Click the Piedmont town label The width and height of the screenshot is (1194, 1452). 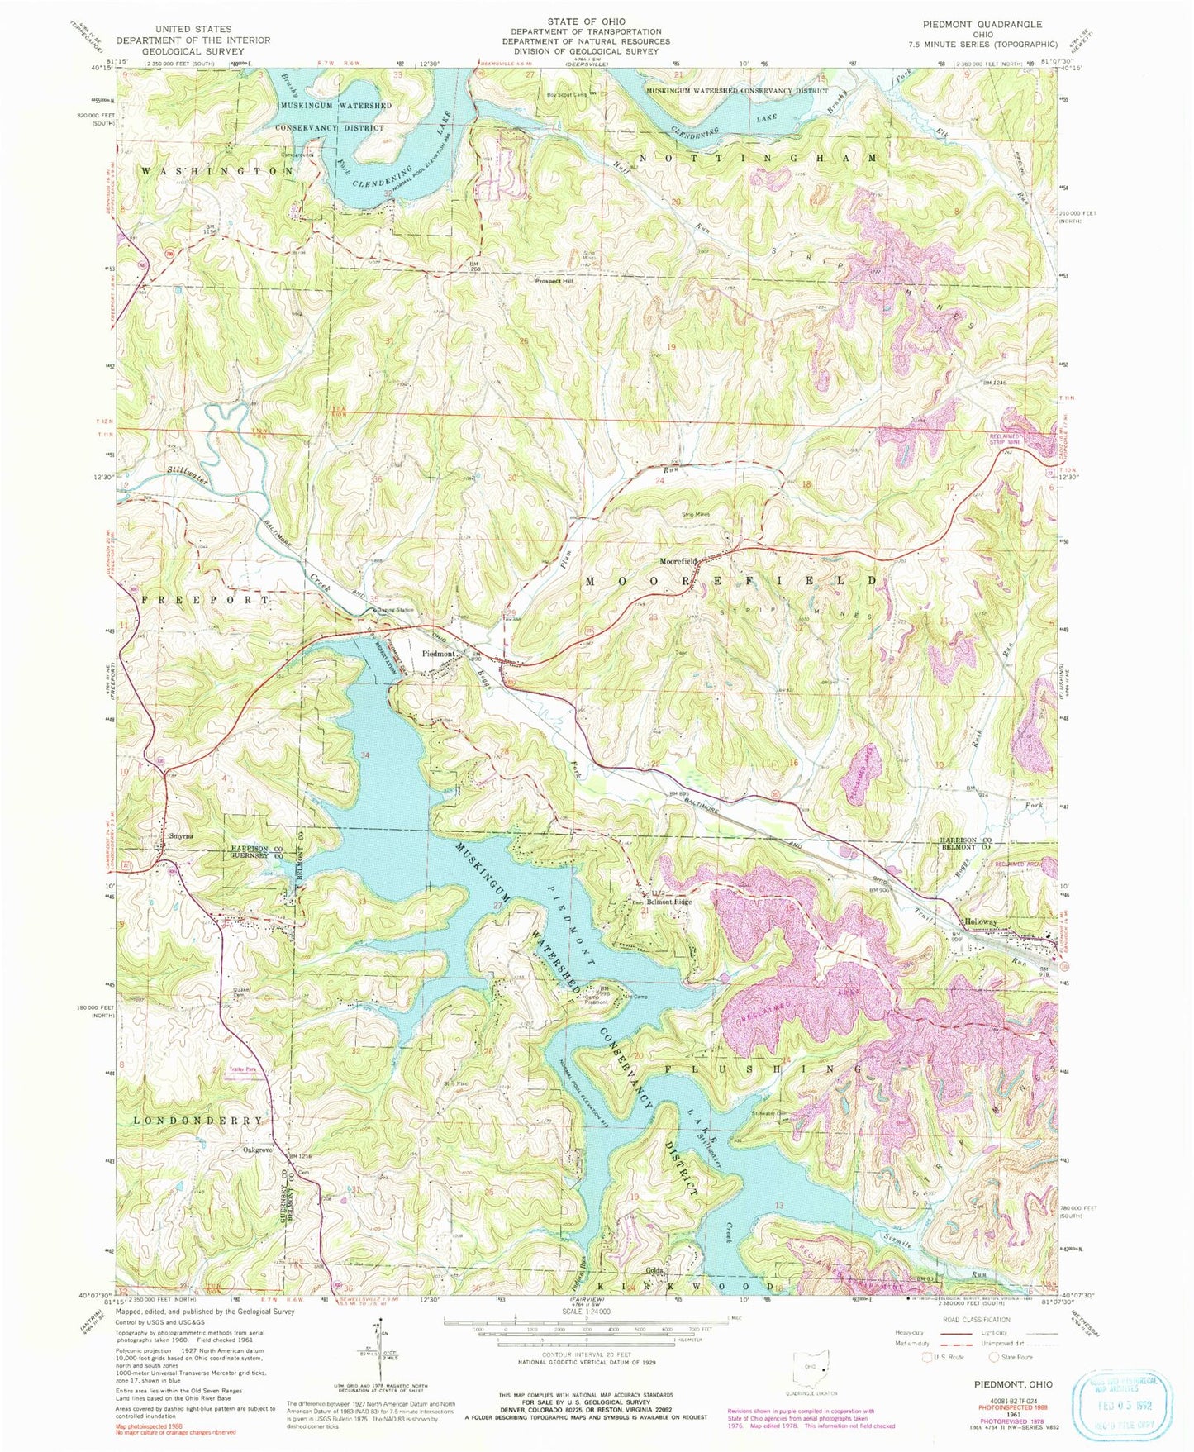tap(439, 654)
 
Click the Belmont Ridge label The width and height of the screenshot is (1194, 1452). tap(669, 902)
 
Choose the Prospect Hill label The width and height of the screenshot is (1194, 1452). tap(554, 280)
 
